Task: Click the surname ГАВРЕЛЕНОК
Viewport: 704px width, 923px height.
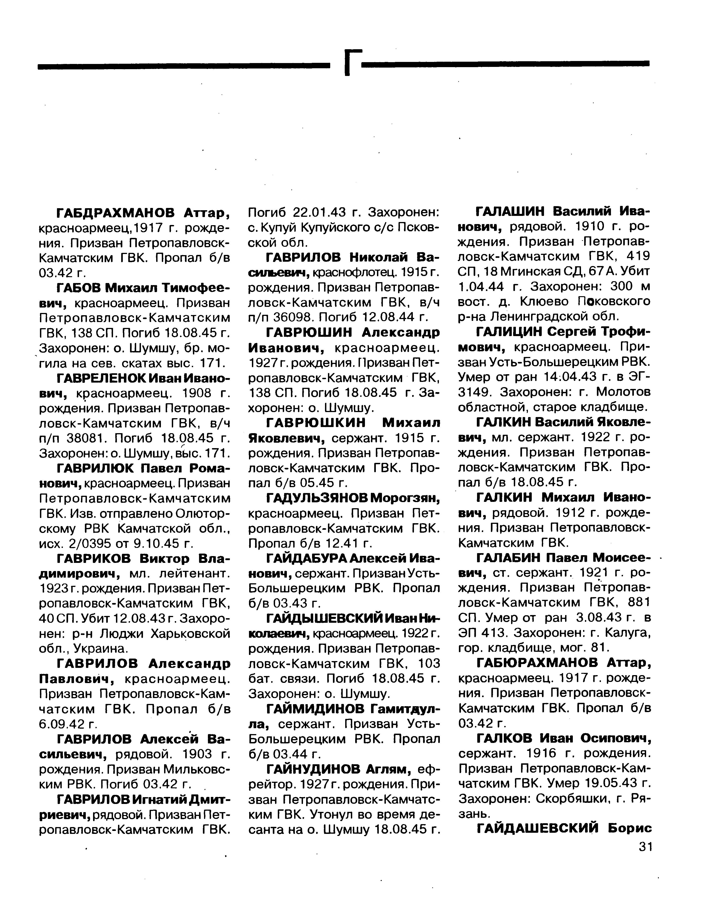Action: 107,378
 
